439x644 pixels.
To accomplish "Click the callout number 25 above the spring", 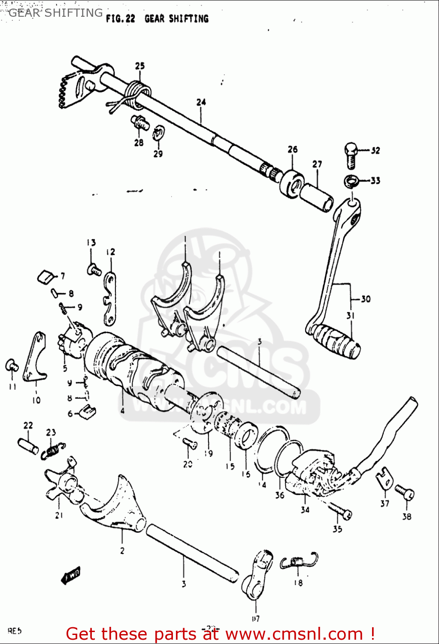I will click(x=140, y=66).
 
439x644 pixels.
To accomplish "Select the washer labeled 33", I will click(x=351, y=181).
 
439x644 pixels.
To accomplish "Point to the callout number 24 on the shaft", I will click(x=201, y=102).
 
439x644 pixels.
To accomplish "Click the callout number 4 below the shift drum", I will click(x=122, y=410).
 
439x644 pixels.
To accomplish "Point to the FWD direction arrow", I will click(x=70, y=576).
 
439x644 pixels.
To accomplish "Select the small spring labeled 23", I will click(x=53, y=451).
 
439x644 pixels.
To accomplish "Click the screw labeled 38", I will click(x=404, y=492).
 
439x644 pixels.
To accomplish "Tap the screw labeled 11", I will click(x=12, y=365).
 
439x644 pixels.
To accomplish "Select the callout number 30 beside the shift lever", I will click(x=366, y=299).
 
